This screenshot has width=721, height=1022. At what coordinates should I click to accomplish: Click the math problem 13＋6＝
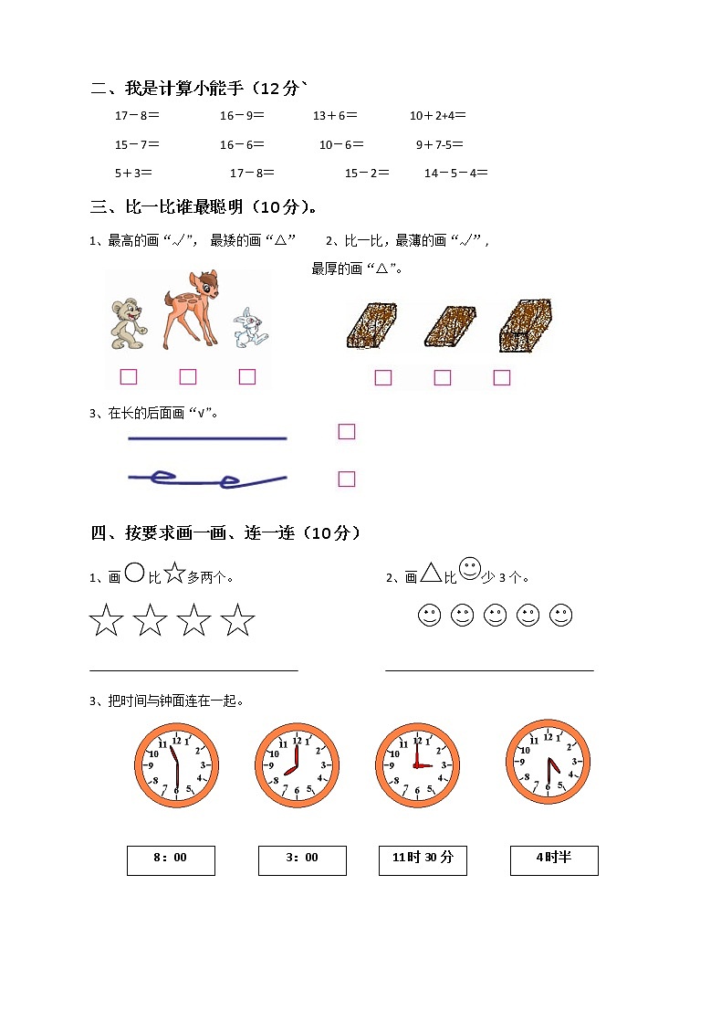point(335,116)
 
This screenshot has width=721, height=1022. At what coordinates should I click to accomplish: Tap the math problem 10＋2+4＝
point(438,116)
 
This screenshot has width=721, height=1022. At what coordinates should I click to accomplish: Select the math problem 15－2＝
point(367,173)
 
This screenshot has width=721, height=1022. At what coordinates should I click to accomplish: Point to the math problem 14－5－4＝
point(455,173)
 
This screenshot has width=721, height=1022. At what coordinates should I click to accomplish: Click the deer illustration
point(191,309)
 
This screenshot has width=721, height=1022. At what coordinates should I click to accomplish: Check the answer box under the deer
point(188,376)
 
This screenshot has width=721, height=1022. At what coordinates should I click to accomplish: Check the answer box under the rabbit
point(247,376)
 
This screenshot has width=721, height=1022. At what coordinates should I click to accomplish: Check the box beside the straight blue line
point(347,431)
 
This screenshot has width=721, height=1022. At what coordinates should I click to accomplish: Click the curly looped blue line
point(207,478)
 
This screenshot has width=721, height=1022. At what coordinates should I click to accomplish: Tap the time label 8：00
point(171,860)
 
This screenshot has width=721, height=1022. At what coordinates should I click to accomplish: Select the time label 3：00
point(302,860)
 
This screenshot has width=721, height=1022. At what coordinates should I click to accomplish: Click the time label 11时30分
point(423,860)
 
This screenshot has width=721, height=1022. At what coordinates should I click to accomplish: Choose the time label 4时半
point(554,860)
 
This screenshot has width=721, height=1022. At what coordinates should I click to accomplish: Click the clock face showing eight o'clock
point(297,765)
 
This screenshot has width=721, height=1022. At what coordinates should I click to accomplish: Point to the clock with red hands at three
point(417,765)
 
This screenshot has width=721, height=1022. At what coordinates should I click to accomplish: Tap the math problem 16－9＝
point(242,116)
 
